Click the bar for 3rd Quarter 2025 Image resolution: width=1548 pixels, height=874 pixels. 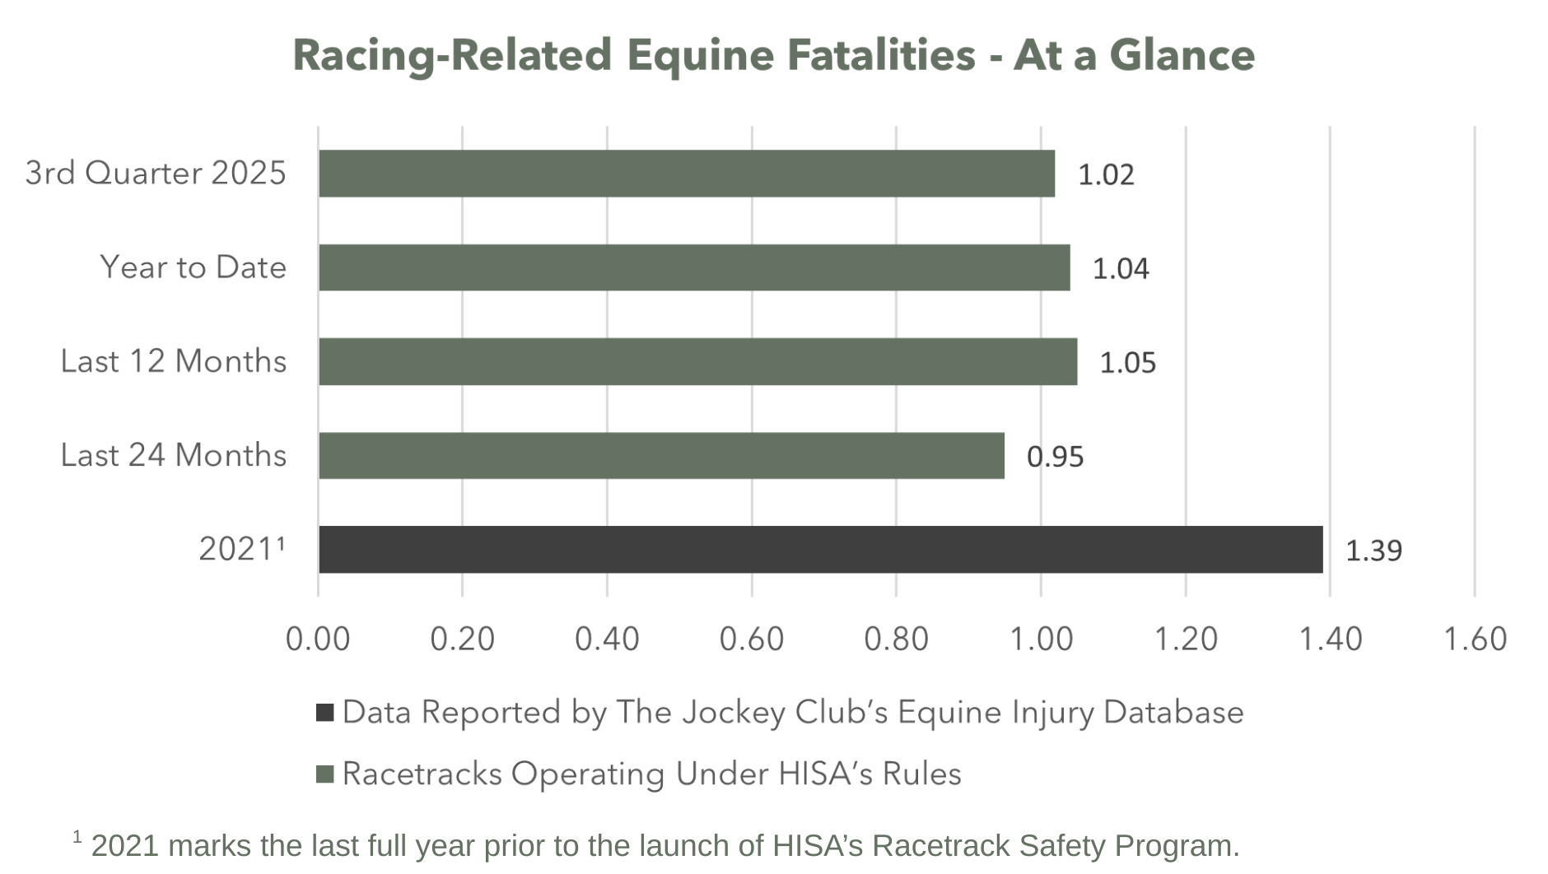(x=686, y=174)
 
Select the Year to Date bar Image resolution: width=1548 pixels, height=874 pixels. (x=694, y=267)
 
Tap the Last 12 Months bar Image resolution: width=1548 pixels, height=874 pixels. (x=697, y=361)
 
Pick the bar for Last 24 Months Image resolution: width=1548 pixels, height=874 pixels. (x=661, y=455)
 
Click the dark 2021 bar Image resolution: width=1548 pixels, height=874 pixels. (x=820, y=550)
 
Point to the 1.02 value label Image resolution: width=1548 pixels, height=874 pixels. (x=1106, y=174)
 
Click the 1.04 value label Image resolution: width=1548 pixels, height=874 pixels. (x=1120, y=268)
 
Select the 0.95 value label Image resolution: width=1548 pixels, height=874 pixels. (x=1055, y=456)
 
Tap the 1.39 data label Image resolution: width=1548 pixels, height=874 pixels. (x=1373, y=550)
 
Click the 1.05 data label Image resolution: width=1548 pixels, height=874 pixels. (x=1127, y=362)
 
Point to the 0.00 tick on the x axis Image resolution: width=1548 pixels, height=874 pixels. (x=318, y=639)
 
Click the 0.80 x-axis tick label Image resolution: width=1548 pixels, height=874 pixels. (x=896, y=639)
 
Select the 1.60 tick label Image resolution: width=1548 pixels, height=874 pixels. (x=1475, y=639)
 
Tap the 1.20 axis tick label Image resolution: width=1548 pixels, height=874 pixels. (x=1185, y=639)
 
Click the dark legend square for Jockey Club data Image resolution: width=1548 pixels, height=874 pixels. (x=325, y=713)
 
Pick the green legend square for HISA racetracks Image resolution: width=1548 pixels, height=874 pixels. (x=325, y=774)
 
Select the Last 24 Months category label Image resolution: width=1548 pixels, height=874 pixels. (x=173, y=455)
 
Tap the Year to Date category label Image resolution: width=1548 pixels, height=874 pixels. (x=193, y=267)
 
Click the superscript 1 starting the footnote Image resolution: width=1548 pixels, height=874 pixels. (x=77, y=837)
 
